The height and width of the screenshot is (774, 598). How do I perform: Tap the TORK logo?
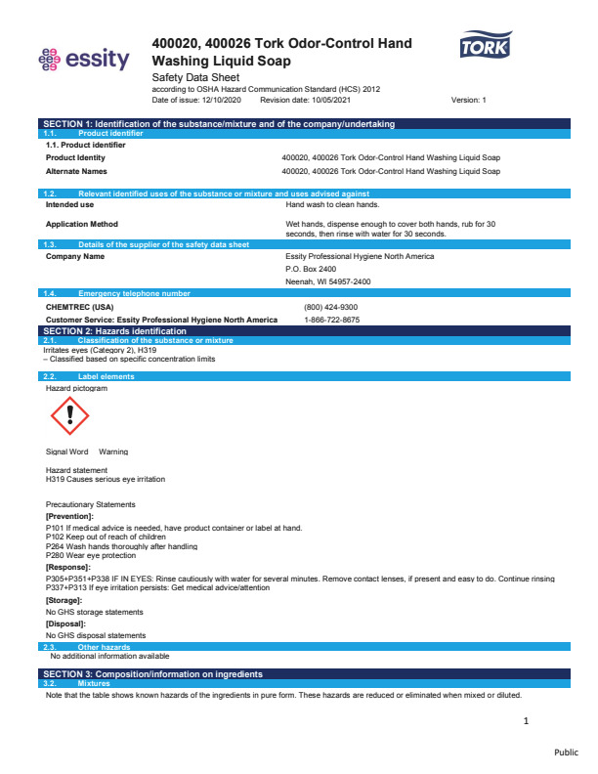(486, 46)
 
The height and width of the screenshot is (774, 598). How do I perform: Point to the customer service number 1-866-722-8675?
(332, 320)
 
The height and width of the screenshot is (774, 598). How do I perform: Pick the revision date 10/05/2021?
(326, 100)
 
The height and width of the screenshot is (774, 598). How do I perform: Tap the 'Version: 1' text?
(468, 100)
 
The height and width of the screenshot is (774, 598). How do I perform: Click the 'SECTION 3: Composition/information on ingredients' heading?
(152, 674)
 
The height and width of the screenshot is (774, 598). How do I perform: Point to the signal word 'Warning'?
(113, 451)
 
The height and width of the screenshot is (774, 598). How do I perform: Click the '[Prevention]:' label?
(69, 515)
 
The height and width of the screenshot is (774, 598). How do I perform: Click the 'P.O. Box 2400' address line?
(310, 269)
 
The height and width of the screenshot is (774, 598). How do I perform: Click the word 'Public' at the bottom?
(566, 752)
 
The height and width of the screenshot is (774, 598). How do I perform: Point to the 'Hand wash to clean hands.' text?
(333, 205)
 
